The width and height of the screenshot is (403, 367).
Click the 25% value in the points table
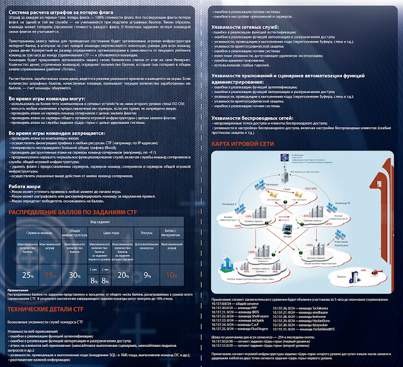[x=28, y=275]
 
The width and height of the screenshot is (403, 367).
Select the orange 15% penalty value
[x=50, y=275]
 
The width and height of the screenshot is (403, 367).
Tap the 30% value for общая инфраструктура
[x=74, y=275]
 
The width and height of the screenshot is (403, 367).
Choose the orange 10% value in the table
[x=171, y=275]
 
